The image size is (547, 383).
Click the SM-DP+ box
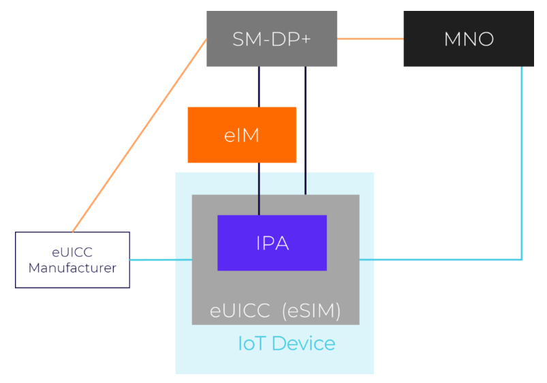[272, 39]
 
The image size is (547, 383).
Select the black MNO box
[468, 39]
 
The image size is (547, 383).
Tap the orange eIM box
[242, 135]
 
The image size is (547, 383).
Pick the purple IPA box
[272, 243]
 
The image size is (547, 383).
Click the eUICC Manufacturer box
[72, 260]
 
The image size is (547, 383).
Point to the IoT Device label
[286, 343]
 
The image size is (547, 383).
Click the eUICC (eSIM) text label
[275, 311]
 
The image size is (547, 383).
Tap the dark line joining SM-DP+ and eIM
[259, 87]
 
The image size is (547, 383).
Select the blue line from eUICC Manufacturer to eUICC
[161, 260]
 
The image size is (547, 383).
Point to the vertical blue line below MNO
[522, 164]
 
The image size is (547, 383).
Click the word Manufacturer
[72, 268]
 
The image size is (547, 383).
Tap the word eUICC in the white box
[72, 253]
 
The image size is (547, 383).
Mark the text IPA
[272, 243]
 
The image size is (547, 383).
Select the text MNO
[468, 39]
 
